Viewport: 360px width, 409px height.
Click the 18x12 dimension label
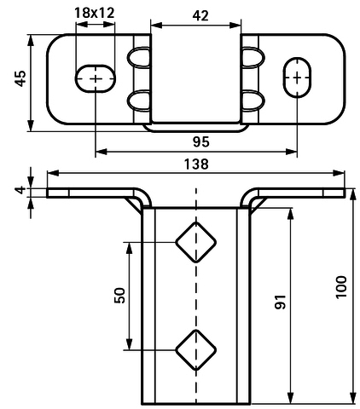pyautogui.click(x=95, y=13)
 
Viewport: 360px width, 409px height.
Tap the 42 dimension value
pyautogui.click(x=200, y=16)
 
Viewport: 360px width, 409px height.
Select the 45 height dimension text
pyautogui.click(x=20, y=78)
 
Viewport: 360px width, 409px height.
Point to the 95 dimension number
pyautogui.click(x=200, y=141)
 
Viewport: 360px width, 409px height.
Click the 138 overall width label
pyautogui.click(x=196, y=164)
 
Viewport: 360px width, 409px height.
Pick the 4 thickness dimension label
pyautogui.click(x=20, y=190)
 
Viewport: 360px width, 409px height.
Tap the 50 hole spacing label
pyautogui.click(x=119, y=296)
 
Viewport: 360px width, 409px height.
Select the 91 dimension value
pyautogui.click(x=280, y=302)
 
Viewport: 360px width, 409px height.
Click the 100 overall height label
pyautogui.click(x=341, y=287)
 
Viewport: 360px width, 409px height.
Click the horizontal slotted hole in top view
pyautogui.click(x=96, y=78)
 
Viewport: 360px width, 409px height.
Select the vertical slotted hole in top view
pyautogui.click(x=297, y=78)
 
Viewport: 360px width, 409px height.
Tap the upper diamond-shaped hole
pyautogui.click(x=195, y=242)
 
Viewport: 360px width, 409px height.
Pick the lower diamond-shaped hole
pyautogui.click(x=195, y=350)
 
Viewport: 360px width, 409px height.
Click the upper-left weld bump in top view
pyautogui.click(x=138, y=57)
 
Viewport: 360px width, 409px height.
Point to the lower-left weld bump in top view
pyautogui.click(x=138, y=101)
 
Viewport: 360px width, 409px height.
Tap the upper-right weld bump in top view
pyautogui.click(x=253, y=57)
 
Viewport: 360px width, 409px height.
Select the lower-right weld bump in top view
pyautogui.click(x=253, y=101)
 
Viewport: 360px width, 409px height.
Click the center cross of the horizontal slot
pyautogui.click(x=96, y=78)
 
